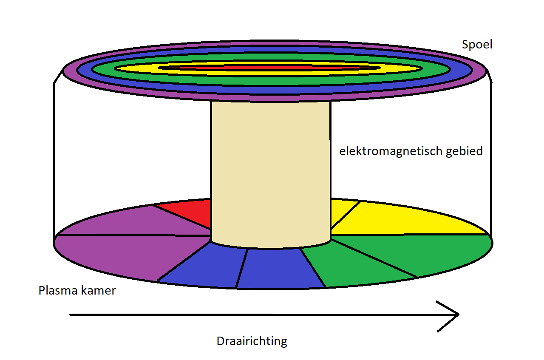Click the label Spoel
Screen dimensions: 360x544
(x=477, y=44)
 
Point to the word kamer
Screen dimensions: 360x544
(x=99, y=291)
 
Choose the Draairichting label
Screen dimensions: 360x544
(x=252, y=341)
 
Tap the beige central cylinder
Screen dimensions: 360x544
(x=270, y=170)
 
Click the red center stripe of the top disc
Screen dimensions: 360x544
(x=268, y=68)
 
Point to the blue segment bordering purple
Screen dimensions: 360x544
(x=204, y=266)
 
